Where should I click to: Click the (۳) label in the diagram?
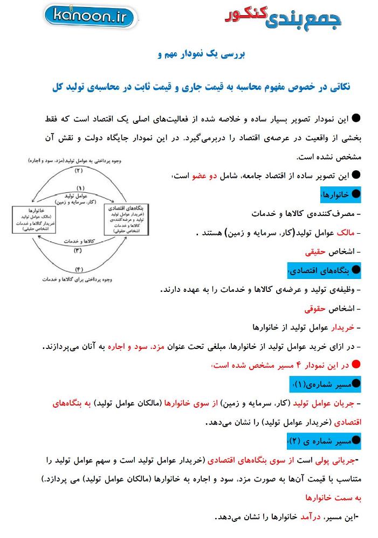pyautogui.click(x=78, y=250)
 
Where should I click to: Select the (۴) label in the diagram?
pyautogui.click(x=79, y=269)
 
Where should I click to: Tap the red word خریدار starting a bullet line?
pyautogui.click(x=342, y=327)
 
